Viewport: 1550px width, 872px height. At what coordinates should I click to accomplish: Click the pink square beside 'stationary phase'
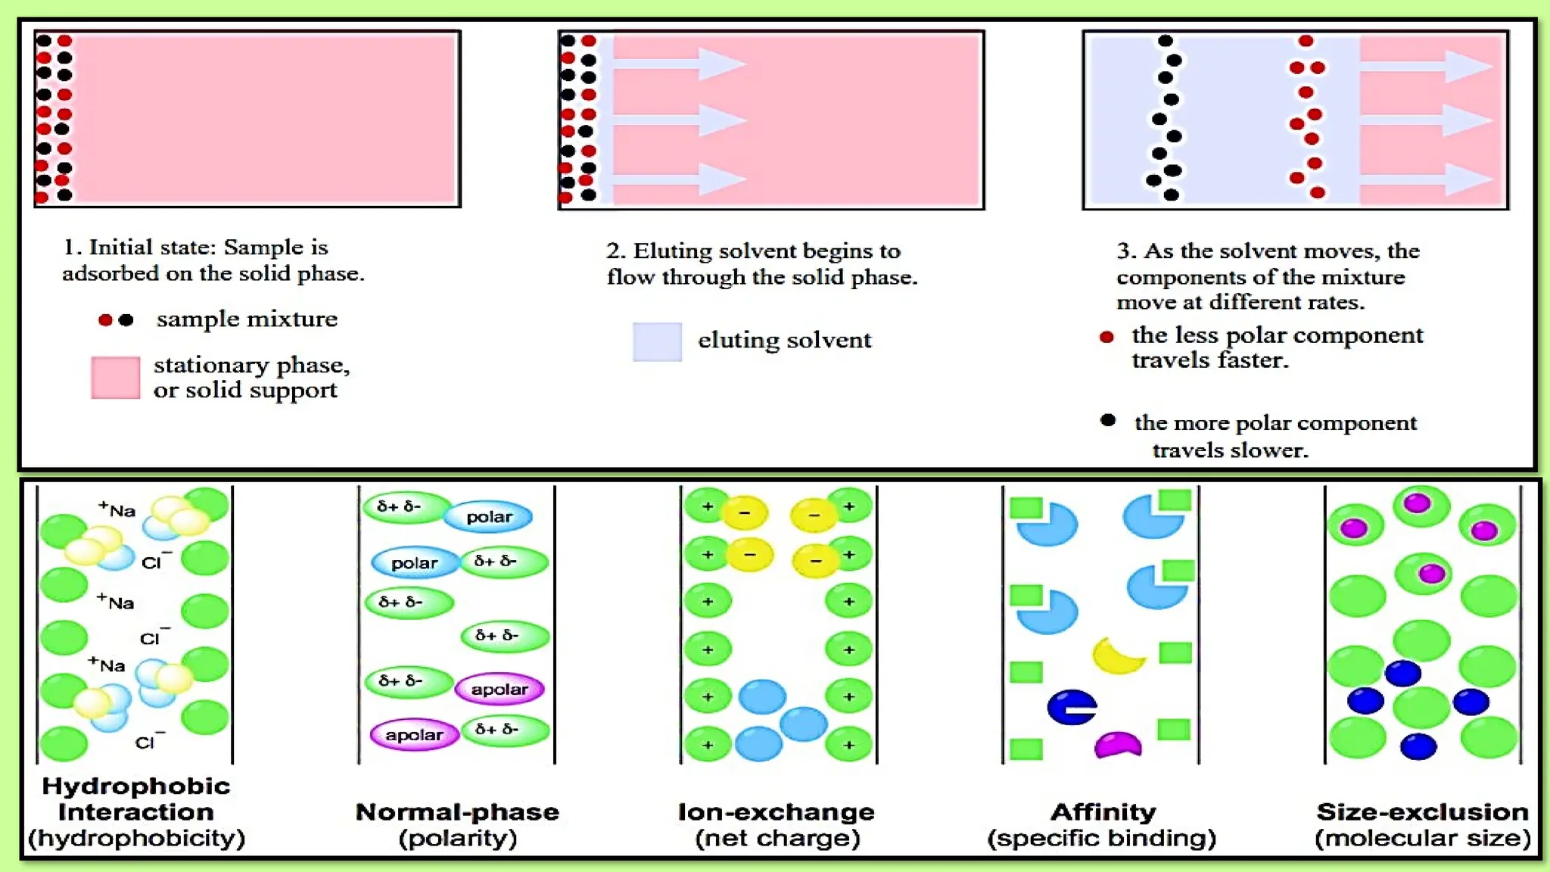coord(115,377)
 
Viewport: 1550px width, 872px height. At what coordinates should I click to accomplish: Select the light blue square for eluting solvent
coord(656,341)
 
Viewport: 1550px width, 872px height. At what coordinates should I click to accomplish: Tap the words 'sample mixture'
coord(247,319)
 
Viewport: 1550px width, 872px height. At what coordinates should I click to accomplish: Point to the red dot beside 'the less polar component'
coord(1106,337)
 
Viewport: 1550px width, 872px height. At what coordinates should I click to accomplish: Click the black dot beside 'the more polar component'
coord(1108,420)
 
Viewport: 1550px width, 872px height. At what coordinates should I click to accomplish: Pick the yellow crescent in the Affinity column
coord(1118,656)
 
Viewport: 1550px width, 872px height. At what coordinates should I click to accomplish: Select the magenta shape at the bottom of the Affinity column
coord(1118,745)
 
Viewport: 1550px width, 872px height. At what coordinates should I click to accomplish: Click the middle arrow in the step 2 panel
coord(679,120)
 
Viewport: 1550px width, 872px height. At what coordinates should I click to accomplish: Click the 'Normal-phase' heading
coord(457,812)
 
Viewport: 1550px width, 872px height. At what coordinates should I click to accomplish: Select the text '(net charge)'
coord(777,839)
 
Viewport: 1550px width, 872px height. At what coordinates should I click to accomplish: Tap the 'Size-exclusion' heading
coord(1422,812)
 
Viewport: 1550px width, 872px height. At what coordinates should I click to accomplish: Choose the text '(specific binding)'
coord(1101,839)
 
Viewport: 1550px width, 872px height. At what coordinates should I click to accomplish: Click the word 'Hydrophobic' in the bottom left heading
coord(136,786)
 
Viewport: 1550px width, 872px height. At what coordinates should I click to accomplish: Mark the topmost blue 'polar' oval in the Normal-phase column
coord(488,517)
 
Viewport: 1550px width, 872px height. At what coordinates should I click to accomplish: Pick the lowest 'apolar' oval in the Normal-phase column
coord(414,735)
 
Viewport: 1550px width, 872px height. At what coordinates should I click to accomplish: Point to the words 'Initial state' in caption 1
coord(151,248)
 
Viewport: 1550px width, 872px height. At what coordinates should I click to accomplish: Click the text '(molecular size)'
coord(1422,839)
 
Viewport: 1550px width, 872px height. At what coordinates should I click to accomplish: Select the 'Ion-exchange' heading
coord(777,812)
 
